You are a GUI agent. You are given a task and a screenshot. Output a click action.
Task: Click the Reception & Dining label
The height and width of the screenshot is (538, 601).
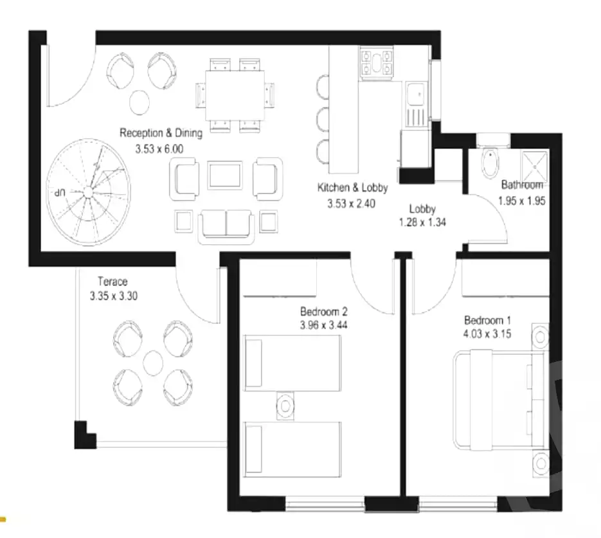pyautogui.click(x=161, y=133)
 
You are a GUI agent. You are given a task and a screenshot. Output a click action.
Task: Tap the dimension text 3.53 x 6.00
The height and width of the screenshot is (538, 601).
pyautogui.click(x=159, y=148)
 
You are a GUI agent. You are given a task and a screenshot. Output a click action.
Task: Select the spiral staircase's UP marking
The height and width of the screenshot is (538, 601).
pyautogui.click(x=60, y=192)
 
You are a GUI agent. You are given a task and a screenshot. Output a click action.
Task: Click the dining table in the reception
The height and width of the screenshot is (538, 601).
pyautogui.click(x=235, y=95)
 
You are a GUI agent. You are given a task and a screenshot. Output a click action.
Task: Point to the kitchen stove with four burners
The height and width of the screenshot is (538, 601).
pyautogui.click(x=377, y=62)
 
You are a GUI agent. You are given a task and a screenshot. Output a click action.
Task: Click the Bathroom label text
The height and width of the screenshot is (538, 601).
pyautogui.click(x=522, y=184)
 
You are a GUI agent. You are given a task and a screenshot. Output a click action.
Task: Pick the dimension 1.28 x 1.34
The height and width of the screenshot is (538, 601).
pyautogui.click(x=422, y=222)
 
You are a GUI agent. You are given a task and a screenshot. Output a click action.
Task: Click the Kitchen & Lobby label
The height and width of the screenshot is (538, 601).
pyautogui.click(x=353, y=188)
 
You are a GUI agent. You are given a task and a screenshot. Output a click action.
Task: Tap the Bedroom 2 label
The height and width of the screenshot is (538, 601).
pyautogui.click(x=324, y=311)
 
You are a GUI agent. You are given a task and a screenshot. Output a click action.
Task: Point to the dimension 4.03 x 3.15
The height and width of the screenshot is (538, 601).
pyautogui.click(x=487, y=334)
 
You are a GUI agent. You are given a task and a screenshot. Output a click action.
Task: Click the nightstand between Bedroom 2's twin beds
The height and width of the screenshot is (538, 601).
pyautogui.click(x=285, y=406)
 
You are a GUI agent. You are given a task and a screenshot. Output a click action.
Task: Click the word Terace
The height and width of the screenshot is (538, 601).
pyautogui.click(x=112, y=282)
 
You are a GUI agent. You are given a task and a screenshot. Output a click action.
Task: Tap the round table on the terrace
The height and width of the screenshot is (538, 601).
pyautogui.click(x=153, y=363)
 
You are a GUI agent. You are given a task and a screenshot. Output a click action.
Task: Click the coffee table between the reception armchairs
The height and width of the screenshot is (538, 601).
pyautogui.click(x=224, y=175)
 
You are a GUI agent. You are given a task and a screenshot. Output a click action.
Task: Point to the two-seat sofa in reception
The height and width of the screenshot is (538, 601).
pyautogui.click(x=226, y=227)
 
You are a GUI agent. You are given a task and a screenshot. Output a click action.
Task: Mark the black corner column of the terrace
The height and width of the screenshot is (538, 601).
pyautogui.click(x=84, y=436)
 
